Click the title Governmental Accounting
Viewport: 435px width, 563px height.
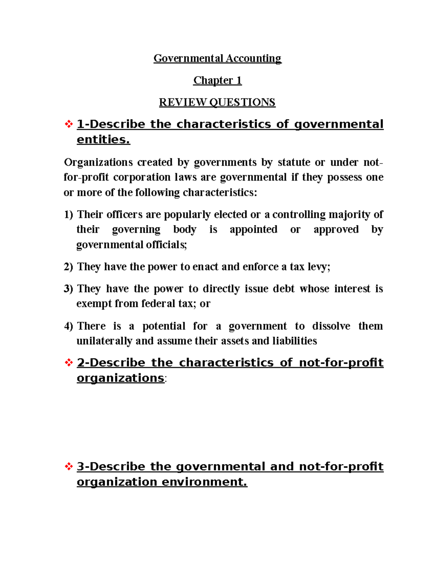[x=217, y=58]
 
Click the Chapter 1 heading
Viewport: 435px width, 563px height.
[x=217, y=80]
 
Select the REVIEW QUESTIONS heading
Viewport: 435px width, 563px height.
[x=217, y=102]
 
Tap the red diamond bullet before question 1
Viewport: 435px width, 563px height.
[x=69, y=124]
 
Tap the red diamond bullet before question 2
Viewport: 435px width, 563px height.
[x=69, y=363]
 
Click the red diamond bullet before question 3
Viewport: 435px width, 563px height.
[x=69, y=467]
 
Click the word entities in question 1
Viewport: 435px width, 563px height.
[x=103, y=140]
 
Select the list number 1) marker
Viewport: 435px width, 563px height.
[x=69, y=215]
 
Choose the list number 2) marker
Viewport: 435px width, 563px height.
[x=69, y=267]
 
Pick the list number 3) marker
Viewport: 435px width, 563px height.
[x=69, y=289]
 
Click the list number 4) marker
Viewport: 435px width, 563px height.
[x=69, y=326]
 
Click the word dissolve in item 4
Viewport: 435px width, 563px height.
[x=331, y=326]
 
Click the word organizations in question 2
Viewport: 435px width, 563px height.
[x=120, y=378]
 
